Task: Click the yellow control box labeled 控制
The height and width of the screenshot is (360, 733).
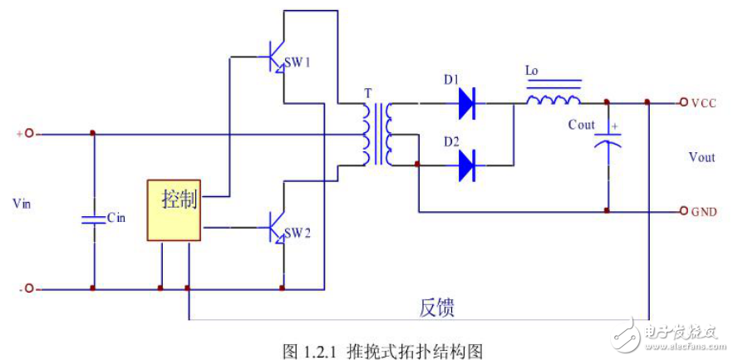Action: tap(174, 210)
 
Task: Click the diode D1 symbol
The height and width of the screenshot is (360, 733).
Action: tap(466, 103)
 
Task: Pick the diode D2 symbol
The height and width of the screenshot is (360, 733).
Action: tap(466, 165)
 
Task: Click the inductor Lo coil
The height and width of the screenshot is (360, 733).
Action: tap(553, 101)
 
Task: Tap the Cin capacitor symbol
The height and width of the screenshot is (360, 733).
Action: tap(93, 219)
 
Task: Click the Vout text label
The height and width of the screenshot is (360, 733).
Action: tap(701, 157)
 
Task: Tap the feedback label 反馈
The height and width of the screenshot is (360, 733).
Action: tap(435, 308)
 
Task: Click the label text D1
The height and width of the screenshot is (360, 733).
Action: tap(451, 80)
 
